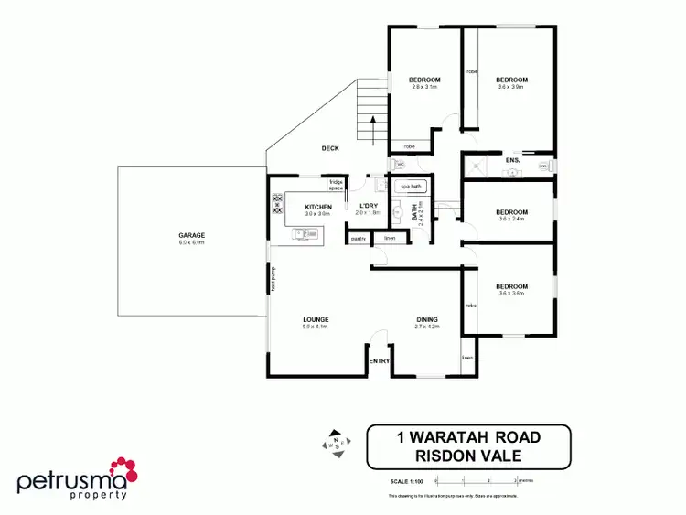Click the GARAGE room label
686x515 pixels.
tap(192, 236)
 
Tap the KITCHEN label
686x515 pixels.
tap(318, 208)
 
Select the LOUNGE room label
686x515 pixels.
tap(316, 320)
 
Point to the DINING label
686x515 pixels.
tap(427, 320)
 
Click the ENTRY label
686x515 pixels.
tap(379, 361)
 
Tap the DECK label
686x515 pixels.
tap(330, 148)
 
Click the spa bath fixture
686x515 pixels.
tap(411, 187)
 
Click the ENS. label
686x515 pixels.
tap(513, 161)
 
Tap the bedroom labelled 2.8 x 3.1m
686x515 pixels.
tap(424, 80)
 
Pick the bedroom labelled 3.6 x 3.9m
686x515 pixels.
tap(512, 80)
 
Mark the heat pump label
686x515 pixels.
tap(273, 277)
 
